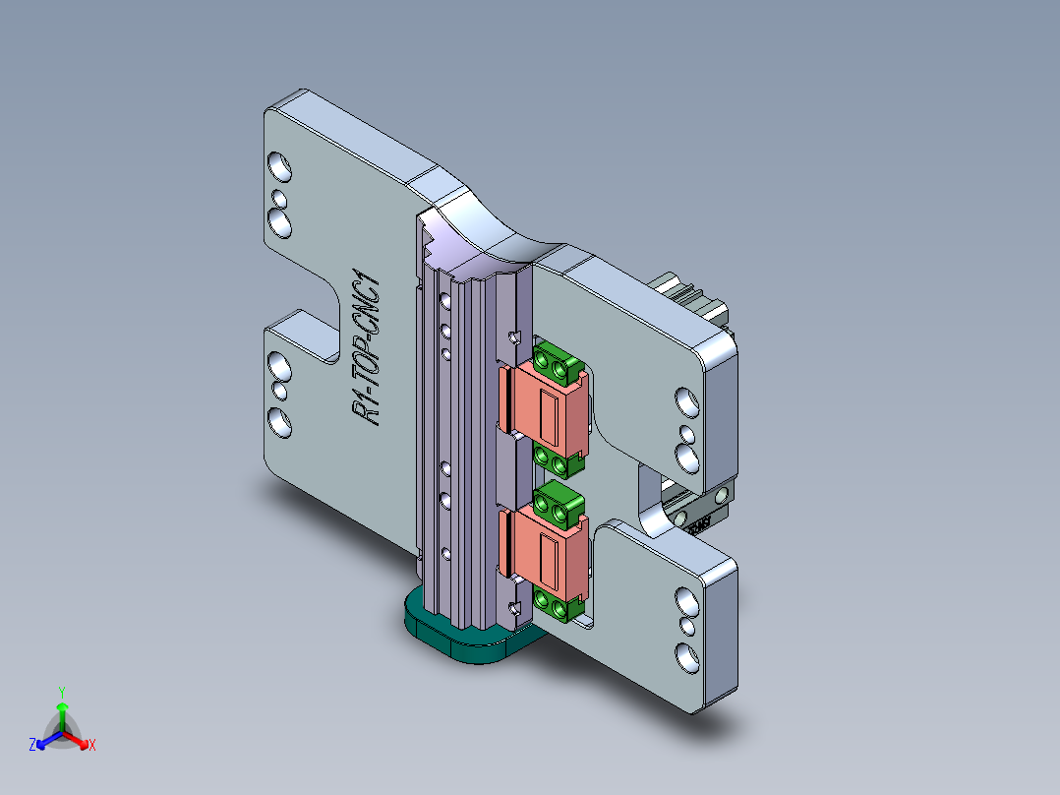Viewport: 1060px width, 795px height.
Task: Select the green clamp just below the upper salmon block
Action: pos(555,459)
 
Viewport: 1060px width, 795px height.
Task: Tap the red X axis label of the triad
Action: pos(92,746)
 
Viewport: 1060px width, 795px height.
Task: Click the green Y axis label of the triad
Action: pos(61,692)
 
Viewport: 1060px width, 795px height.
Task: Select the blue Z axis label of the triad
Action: pos(32,745)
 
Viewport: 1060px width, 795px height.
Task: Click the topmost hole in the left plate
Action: pos(280,166)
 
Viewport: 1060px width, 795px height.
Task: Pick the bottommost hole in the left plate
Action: pos(280,424)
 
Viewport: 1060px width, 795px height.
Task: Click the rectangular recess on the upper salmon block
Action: pos(550,412)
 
